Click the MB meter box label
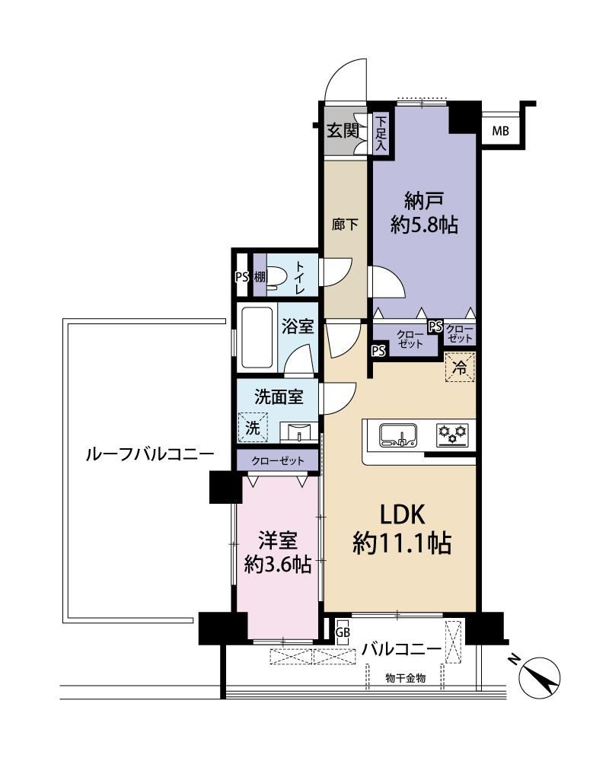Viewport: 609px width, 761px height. tap(500, 131)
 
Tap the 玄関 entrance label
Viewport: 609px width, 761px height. tap(343, 131)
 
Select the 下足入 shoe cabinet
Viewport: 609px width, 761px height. tap(381, 132)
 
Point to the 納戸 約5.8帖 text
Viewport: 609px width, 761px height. tap(424, 213)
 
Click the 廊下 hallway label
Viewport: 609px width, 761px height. tap(346, 224)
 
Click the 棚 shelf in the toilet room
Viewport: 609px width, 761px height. tap(260, 277)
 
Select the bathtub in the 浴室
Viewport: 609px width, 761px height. tap(257, 338)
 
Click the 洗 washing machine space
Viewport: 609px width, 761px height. tap(253, 427)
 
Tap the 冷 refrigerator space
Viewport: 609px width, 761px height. tap(460, 367)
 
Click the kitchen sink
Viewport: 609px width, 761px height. tap(397, 435)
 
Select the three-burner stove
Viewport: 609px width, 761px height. tap(453, 434)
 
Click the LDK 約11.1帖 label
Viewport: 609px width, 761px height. tap(403, 529)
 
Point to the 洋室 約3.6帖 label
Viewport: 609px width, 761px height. tap(278, 552)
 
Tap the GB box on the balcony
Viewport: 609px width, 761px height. tap(343, 633)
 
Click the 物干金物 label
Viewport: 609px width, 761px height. tap(406, 678)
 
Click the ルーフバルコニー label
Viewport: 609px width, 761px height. tap(149, 455)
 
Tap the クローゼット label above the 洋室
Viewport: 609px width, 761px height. tap(278, 460)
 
